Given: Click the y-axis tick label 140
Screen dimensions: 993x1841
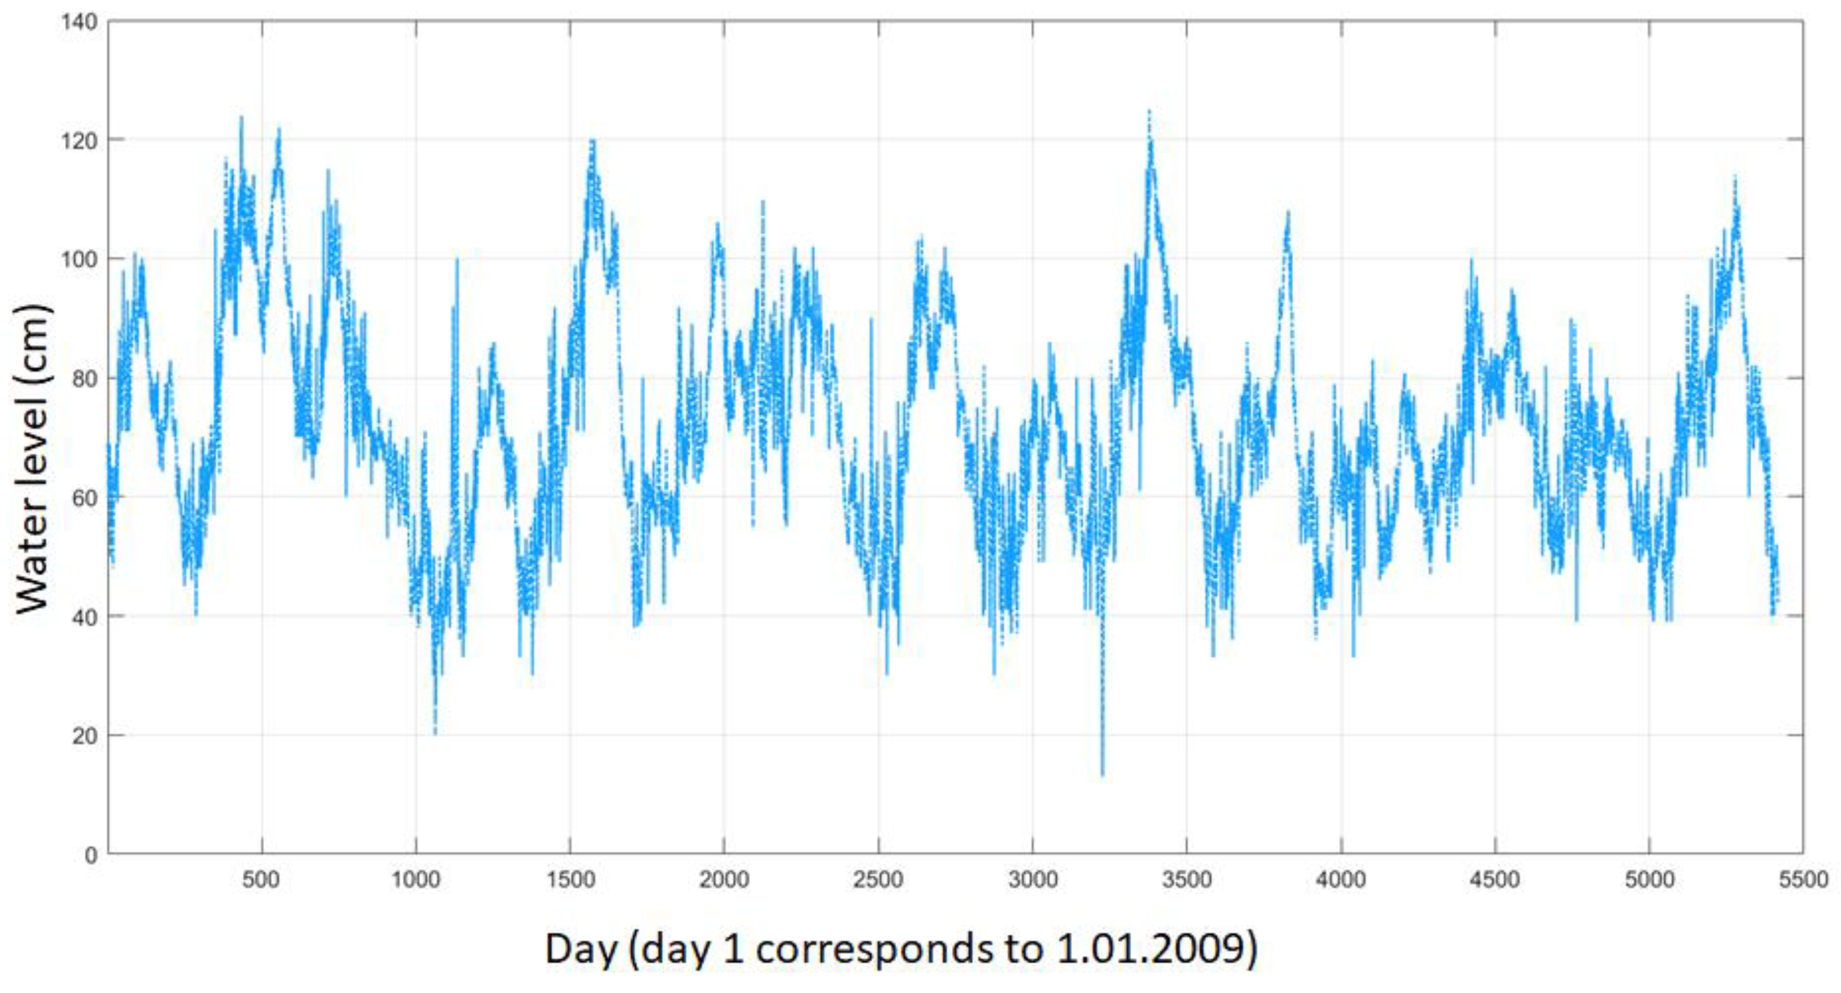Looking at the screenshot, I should pos(79,22).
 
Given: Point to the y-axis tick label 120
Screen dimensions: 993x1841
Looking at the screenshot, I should pos(79,141).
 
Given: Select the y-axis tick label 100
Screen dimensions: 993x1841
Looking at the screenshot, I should pos(79,260).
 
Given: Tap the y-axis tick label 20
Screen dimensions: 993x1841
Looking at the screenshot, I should pos(84,736).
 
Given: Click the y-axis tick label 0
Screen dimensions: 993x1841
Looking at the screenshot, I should pos(91,855).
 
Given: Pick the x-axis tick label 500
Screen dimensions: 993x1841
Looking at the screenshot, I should pos(261,880).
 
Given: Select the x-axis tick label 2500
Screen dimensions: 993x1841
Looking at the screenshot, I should pos(877,880).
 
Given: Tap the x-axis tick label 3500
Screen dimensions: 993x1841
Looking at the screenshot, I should pos(1186,880).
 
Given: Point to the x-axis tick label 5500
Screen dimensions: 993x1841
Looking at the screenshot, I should pos(1802,880).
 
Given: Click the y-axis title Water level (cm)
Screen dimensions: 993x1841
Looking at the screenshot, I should pos(33,458).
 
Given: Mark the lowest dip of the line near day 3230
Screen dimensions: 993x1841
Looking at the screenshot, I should pos(1102,775).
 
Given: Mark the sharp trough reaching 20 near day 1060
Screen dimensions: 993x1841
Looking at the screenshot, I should pos(434,733).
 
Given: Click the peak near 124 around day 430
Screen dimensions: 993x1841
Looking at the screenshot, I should pos(241,117).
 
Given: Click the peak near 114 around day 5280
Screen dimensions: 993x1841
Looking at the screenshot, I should pos(1734,176).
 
